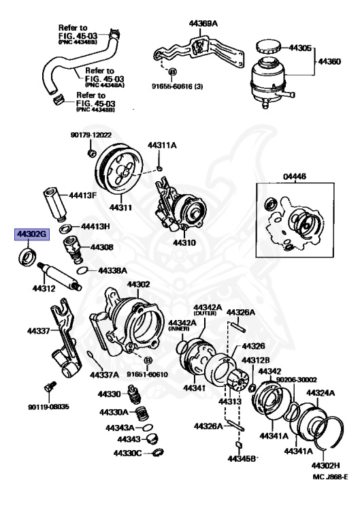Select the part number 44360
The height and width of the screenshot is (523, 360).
pos(330,61)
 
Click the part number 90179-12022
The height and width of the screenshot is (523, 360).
pos(90,135)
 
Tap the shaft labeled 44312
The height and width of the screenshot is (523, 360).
pos(61,275)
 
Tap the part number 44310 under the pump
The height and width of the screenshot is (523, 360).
pos(184,242)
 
